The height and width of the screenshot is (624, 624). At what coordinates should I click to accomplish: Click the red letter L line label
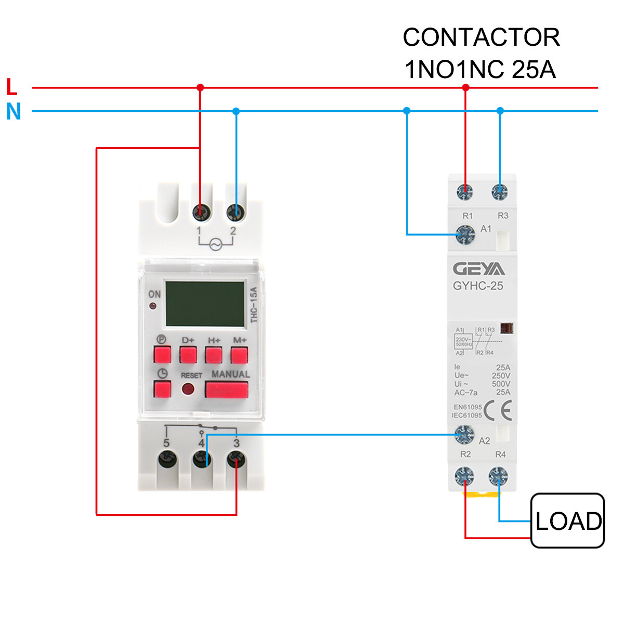(11, 87)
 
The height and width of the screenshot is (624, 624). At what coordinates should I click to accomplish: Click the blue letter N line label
(14, 111)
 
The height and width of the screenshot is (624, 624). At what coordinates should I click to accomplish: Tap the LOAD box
(567, 521)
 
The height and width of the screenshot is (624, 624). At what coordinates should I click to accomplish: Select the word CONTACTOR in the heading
(481, 37)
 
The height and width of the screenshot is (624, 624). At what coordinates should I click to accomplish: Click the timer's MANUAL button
(226, 389)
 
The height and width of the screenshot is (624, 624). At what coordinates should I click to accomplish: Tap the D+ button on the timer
(188, 355)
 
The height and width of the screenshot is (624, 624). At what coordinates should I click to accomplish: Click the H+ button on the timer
(214, 355)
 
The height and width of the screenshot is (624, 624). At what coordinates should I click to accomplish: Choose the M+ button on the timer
(239, 355)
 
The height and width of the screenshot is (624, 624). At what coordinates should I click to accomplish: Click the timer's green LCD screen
(205, 304)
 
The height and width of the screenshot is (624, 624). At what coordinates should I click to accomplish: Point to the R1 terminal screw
(465, 192)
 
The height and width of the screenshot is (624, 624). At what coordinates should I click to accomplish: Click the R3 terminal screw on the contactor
(500, 192)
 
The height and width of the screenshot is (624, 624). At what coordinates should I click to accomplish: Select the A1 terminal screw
(465, 235)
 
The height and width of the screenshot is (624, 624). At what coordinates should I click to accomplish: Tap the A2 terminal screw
(464, 434)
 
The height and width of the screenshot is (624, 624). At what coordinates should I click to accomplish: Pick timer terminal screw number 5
(167, 460)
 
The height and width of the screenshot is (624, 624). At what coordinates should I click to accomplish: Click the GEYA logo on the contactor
(478, 269)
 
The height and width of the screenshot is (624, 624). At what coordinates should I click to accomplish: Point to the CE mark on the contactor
(498, 411)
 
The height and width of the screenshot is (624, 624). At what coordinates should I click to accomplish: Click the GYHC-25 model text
(478, 285)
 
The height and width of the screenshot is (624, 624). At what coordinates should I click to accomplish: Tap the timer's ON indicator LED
(153, 306)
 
